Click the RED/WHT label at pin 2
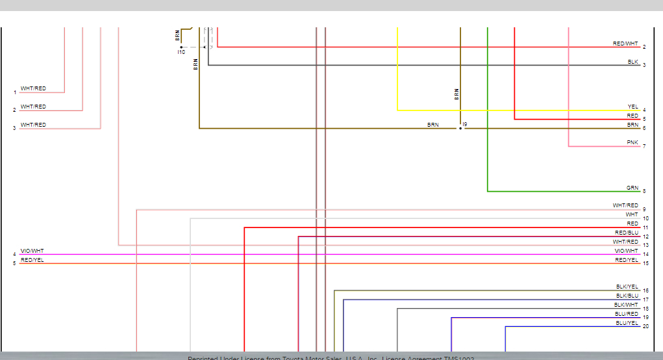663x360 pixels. tap(625, 44)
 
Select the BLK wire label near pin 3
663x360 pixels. tap(632, 62)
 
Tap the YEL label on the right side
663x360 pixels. tap(632, 107)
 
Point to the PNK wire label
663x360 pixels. tap(632, 142)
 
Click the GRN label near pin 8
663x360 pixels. tap(632, 188)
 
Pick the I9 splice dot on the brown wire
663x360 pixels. tap(460, 128)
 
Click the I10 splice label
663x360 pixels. tap(181, 52)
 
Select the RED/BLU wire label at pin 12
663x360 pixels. tap(627, 233)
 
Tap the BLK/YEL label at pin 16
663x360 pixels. tap(627, 287)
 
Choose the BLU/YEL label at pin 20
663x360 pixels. tap(627, 323)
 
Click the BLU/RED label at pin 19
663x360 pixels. tap(627, 314)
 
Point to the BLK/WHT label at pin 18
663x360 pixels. tap(627, 305)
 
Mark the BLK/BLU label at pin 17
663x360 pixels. tap(627, 296)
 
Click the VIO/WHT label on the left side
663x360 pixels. tap(32, 251)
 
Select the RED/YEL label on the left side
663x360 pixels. tap(32, 260)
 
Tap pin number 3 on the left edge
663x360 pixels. tap(14, 129)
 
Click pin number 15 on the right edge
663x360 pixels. tap(645, 263)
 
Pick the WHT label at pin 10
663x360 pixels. tap(632, 214)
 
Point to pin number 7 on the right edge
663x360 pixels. tap(644, 146)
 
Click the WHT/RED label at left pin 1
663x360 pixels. tap(33, 88)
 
